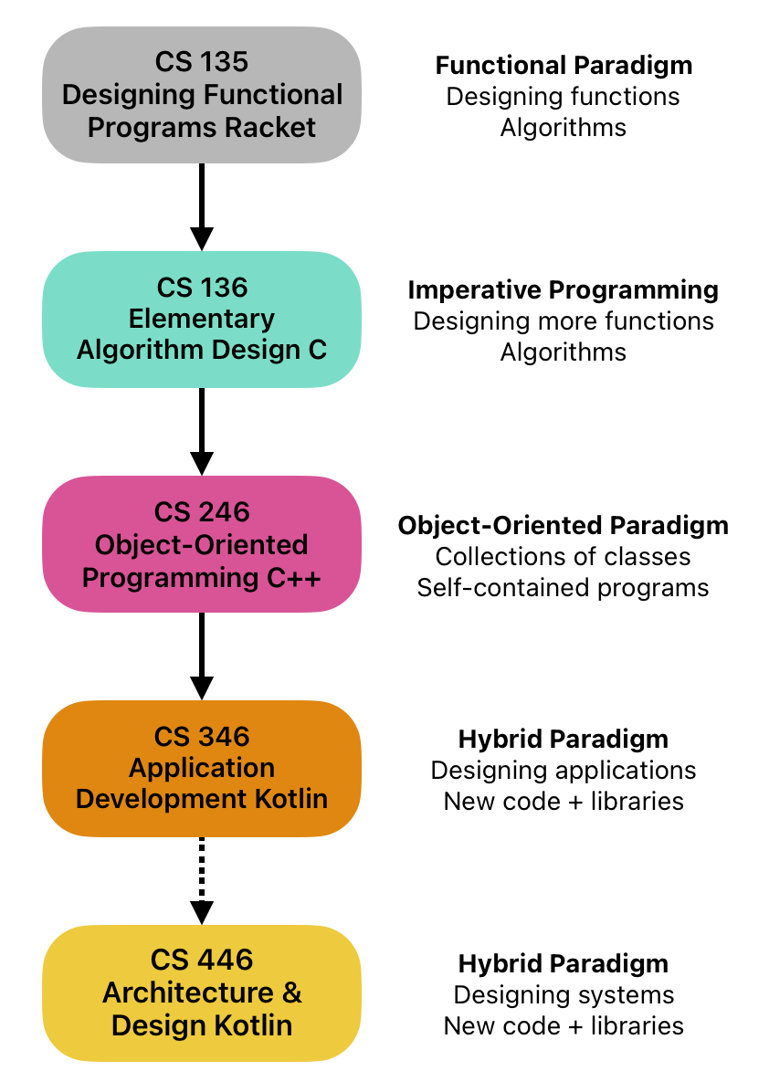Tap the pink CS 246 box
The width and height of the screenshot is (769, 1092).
point(201,544)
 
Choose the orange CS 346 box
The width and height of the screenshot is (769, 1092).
point(201,768)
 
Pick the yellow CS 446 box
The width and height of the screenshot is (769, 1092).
point(201,992)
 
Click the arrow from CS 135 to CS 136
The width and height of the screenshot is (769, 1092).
point(201,206)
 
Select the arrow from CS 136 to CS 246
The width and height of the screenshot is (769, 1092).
point(201,431)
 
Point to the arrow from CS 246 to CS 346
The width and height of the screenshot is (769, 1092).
point(201,656)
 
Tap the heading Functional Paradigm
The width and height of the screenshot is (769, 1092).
point(564,66)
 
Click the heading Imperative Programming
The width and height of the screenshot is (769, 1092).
point(564,290)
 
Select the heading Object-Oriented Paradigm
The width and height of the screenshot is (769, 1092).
point(564,526)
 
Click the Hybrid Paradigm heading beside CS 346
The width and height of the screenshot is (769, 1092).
point(564,739)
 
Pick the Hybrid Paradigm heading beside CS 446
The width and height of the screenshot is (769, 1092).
point(564,963)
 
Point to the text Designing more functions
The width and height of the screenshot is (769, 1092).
point(564,321)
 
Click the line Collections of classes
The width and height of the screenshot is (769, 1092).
point(564,556)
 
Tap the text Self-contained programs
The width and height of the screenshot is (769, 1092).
point(564,587)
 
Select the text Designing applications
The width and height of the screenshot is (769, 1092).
point(564,770)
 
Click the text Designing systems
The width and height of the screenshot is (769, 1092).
point(564,994)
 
